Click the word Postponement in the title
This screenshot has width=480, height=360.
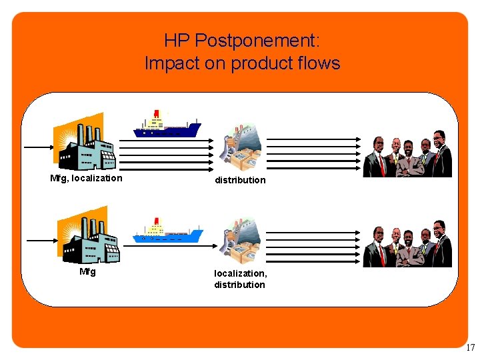click(257, 41)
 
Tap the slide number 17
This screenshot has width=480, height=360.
click(471, 347)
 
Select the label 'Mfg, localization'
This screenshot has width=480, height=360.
click(87, 178)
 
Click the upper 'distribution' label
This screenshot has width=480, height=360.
click(240, 180)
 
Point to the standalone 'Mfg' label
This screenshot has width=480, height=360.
click(87, 271)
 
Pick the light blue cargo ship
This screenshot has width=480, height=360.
click(168, 232)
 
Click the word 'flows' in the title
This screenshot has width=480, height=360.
click(319, 63)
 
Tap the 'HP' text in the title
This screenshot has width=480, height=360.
click(176, 41)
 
